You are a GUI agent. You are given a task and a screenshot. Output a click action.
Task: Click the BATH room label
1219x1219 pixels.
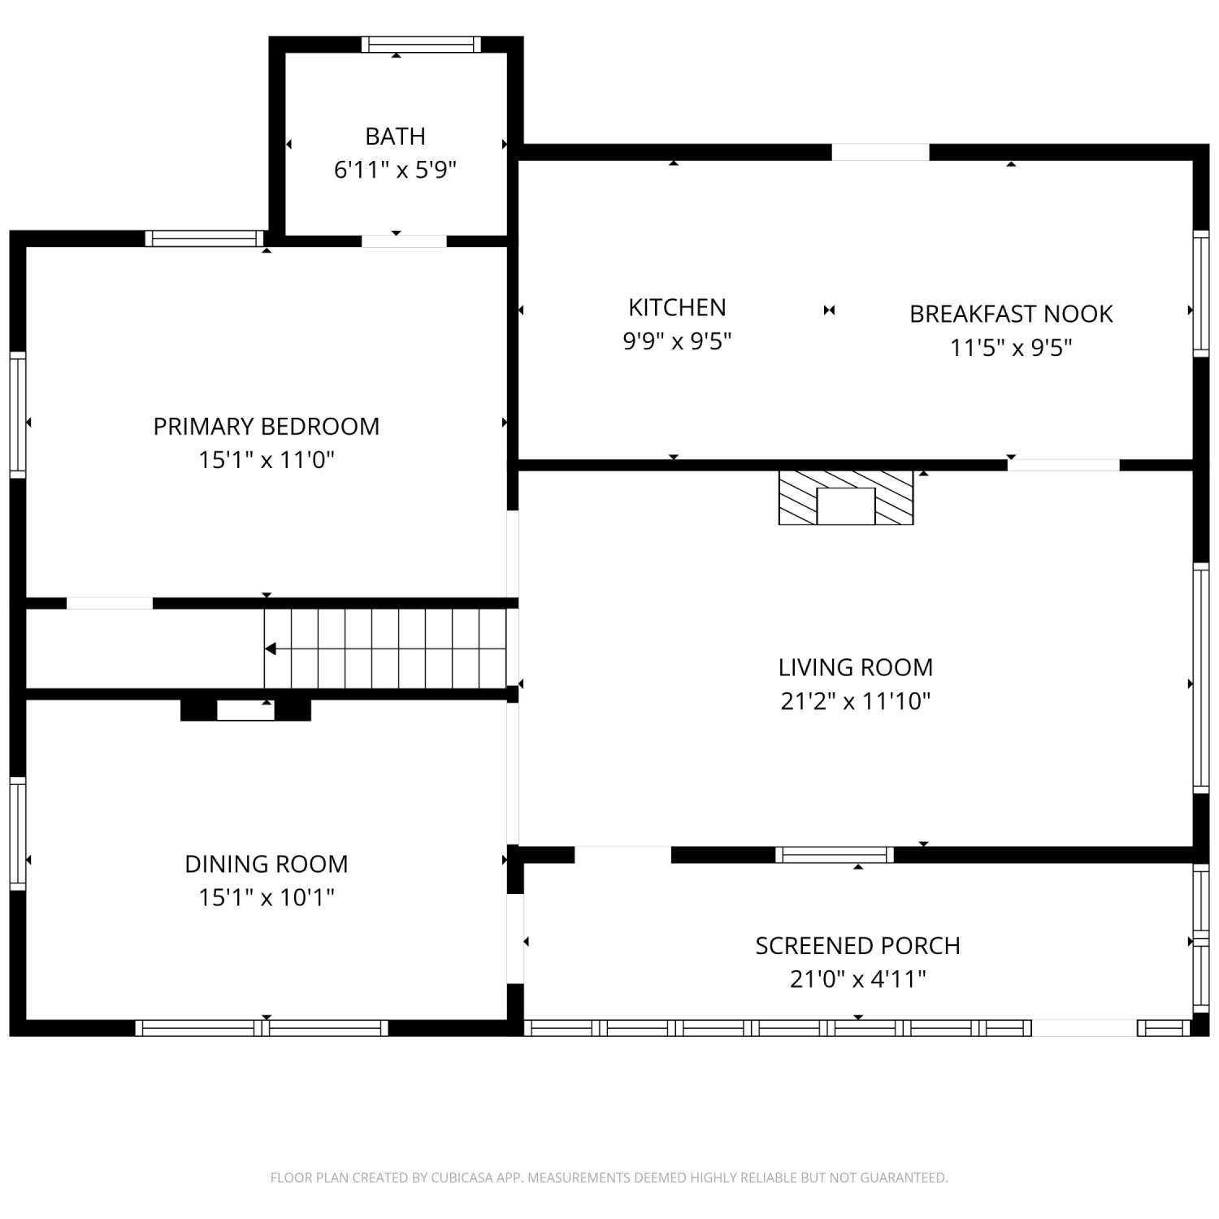(395, 136)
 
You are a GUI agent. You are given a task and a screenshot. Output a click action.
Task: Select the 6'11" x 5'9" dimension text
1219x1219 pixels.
(395, 170)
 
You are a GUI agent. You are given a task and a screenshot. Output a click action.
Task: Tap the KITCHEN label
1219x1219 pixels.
(677, 307)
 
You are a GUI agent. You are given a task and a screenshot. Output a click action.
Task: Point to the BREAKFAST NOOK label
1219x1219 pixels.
(1011, 314)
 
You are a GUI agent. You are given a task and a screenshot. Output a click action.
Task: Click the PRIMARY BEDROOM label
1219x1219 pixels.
(267, 427)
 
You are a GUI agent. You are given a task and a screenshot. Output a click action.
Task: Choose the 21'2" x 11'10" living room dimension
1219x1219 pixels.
(856, 701)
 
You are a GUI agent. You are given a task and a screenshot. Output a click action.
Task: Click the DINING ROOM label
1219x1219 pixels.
(267, 864)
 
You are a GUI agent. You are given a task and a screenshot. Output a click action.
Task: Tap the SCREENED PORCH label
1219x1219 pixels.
(858, 946)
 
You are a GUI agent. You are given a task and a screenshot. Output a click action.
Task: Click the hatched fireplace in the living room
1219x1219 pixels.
(846, 497)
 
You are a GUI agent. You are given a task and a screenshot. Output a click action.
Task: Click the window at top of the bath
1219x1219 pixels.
(421, 45)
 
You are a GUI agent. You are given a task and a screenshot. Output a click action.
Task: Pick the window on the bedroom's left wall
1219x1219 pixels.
(17, 414)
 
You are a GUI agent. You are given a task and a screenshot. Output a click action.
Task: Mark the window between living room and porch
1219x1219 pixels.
(835, 855)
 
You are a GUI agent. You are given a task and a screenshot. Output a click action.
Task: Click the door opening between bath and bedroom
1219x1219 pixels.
(404, 241)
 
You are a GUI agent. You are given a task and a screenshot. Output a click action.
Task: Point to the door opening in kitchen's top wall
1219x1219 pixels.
(880, 152)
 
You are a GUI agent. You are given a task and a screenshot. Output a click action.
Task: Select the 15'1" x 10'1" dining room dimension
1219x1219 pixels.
(267, 897)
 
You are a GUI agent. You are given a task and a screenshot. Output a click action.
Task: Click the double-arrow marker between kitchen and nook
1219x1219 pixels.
(829, 310)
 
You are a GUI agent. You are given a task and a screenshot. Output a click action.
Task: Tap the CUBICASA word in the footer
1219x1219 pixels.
(462, 1178)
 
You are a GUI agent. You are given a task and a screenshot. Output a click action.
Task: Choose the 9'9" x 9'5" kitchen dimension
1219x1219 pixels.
(677, 341)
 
